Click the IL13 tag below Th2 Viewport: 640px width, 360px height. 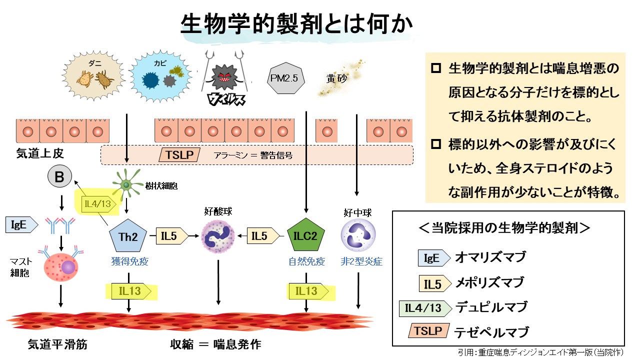131,291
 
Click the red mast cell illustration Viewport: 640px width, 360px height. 61,265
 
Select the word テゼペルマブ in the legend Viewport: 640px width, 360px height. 491,331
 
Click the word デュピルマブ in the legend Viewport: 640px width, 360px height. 491,307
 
